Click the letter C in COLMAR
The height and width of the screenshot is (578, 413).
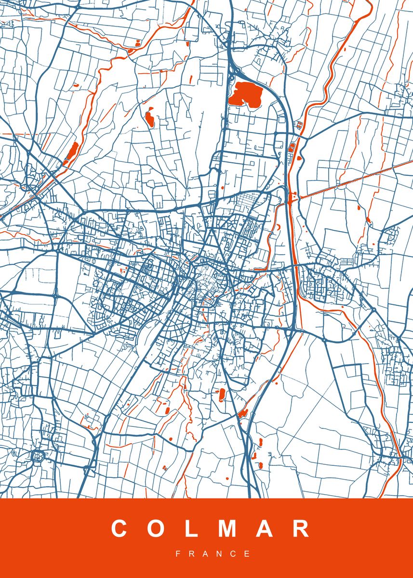(119, 529)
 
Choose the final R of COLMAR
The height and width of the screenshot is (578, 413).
(301, 529)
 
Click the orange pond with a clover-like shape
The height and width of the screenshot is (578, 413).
(149, 117)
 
